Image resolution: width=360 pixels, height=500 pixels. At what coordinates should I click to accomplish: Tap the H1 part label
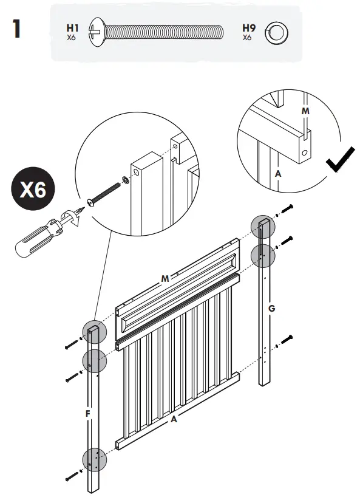pos(72,28)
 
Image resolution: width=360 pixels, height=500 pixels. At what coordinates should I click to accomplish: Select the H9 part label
pos(248,28)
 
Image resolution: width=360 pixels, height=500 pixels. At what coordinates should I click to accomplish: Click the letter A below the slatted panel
pos(174,419)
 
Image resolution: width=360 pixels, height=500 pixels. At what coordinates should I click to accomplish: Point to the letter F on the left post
pos(88,414)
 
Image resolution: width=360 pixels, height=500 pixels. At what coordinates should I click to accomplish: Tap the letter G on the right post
pos(271,309)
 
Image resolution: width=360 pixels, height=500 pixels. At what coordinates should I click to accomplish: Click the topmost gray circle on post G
pos(263,227)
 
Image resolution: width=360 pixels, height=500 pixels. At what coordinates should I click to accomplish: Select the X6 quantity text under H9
pos(247,37)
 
